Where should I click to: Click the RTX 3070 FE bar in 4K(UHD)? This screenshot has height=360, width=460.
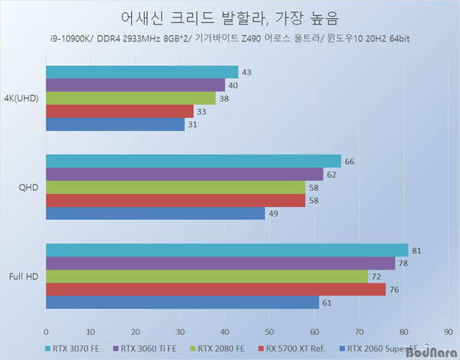click(x=142, y=72)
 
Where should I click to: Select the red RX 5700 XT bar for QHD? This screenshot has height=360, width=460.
click(x=176, y=201)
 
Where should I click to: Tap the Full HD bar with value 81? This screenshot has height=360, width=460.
click(x=227, y=250)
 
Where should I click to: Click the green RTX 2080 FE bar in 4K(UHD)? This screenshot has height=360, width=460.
click(x=131, y=98)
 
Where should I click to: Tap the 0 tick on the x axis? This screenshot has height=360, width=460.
click(x=46, y=332)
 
